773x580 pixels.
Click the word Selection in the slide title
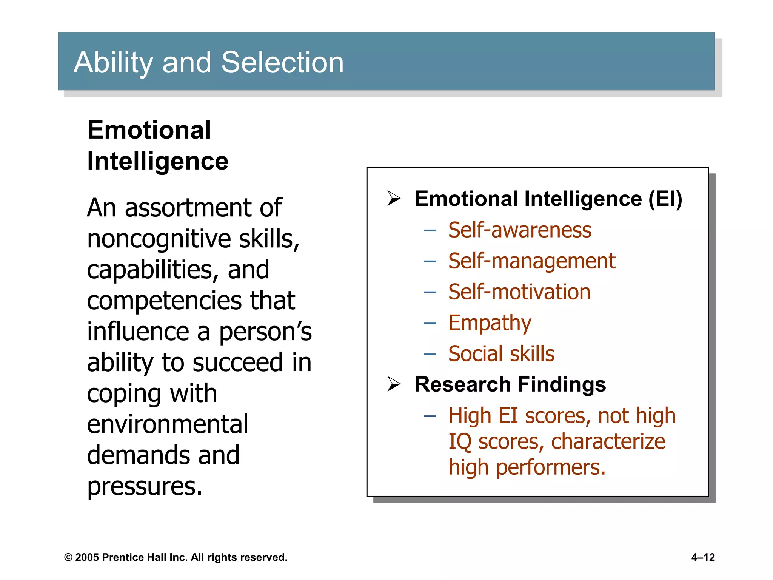pyautogui.click(x=282, y=62)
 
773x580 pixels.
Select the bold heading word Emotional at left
pyautogui.click(x=149, y=130)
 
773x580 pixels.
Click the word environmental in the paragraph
pyautogui.click(x=167, y=424)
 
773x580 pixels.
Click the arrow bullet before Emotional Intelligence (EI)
pyautogui.click(x=394, y=199)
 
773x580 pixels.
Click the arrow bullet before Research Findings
pyautogui.click(x=394, y=384)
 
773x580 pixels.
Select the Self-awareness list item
pyautogui.click(x=519, y=230)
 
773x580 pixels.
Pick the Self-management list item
pyautogui.click(x=531, y=261)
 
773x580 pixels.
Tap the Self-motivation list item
pyautogui.click(x=519, y=292)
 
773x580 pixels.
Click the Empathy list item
pyautogui.click(x=490, y=323)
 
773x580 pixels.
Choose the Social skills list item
pyautogui.click(x=501, y=354)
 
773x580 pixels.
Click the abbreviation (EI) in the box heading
pyautogui.click(x=665, y=199)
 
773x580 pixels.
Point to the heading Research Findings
pyautogui.click(x=510, y=384)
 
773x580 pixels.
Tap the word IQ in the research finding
pyautogui.click(x=460, y=442)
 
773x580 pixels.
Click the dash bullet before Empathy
pyautogui.click(x=430, y=323)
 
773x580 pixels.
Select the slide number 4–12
pyautogui.click(x=703, y=557)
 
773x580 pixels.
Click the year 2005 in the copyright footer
pyautogui.click(x=87, y=557)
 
